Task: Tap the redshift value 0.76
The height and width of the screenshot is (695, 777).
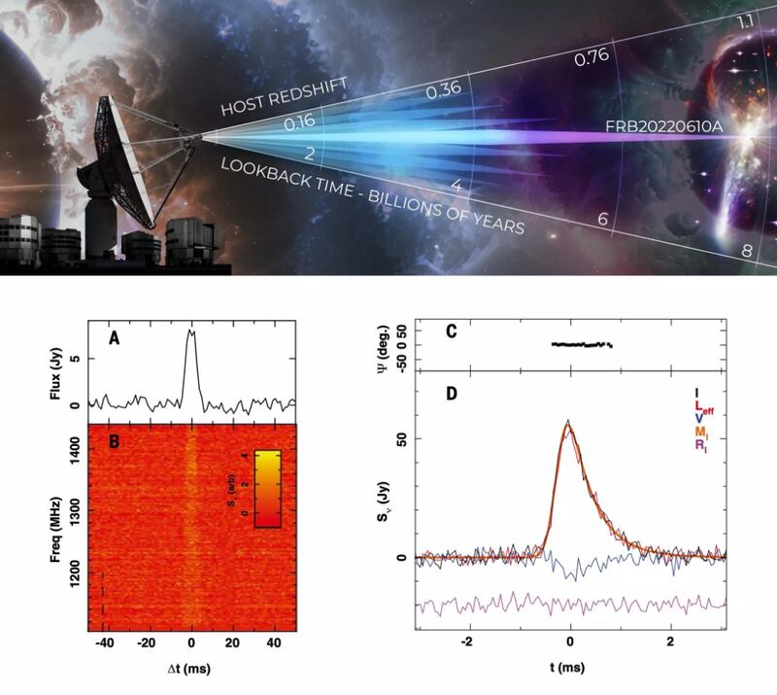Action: (x=592, y=57)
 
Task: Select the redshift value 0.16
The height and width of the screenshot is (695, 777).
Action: (x=301, y=124)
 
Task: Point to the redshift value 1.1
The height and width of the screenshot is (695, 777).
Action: (x=746, y=21)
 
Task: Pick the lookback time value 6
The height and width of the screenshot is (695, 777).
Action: (x=603, y=219)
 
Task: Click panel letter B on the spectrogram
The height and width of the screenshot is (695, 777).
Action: (x=114, y=439)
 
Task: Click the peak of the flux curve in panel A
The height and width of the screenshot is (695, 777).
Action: (x=191, y=331)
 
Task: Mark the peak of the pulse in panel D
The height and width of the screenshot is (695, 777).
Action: (x=569, y=422)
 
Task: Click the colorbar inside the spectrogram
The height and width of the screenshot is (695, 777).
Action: (x=267, y=489)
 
